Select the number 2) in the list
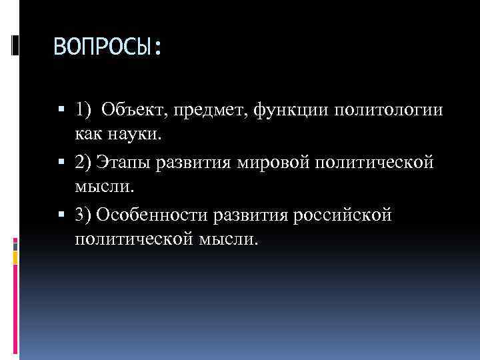[84, 162]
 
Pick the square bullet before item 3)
[61, 214]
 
